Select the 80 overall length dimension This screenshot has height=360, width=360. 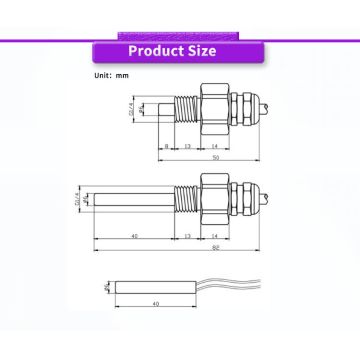pos(215,248)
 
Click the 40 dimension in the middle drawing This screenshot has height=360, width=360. pos(135,235)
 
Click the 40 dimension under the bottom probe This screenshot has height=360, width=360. pos(155,303)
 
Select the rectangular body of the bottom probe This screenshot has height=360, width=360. pos(155,286)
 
